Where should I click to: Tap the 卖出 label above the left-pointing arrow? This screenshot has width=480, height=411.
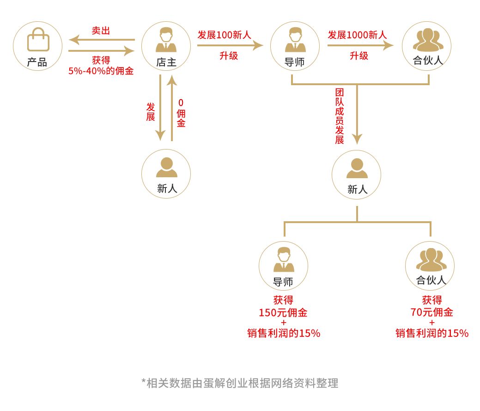[x=101, y=31]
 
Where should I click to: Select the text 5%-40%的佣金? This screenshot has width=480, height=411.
[x=101, y=71]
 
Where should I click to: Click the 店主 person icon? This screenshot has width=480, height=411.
[x=166, y=41]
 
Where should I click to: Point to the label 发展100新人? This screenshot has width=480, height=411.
[x=224, y=35]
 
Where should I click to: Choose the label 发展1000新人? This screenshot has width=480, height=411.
[x=357, y=35]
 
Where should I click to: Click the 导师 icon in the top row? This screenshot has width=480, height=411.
[x=295, y=41]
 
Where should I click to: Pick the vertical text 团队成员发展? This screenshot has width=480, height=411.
[x=340, y=116]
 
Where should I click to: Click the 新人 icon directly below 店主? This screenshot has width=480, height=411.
[x=166, y=168]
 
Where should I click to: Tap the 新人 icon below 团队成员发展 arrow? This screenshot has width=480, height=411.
[x=357, y=168]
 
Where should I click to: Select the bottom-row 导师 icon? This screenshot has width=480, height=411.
[x=284, y=260]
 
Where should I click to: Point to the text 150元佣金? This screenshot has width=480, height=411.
[x=283, y=312]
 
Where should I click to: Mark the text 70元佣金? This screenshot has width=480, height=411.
[x=431, y=312]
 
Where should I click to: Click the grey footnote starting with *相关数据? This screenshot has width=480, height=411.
[x=240, y=383]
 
